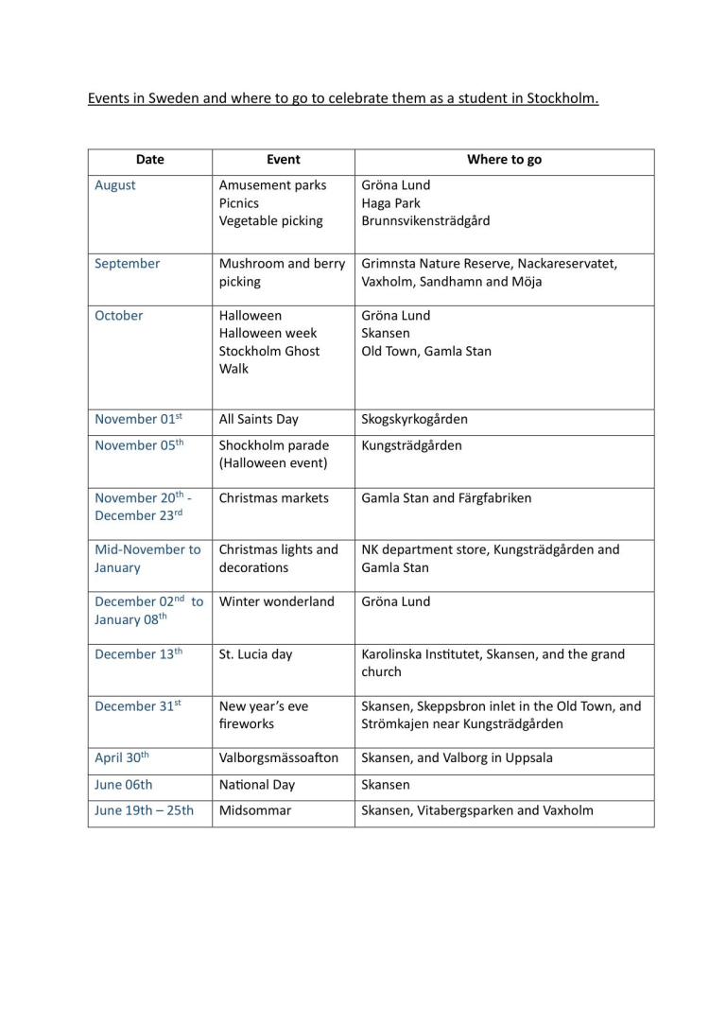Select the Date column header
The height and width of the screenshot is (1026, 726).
[149, 160]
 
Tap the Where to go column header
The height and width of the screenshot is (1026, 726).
[504, 160]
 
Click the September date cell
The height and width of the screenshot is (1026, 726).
[128, 264]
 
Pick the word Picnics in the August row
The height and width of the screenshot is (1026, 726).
[239, 203]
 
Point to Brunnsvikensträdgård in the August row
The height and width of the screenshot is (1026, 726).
[425, 221]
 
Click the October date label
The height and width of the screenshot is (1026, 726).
[119, 316]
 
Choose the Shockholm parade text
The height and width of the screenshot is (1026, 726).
[274, 445]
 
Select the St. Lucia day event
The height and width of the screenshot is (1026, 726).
[255, 653]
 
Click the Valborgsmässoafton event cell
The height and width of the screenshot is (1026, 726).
[279, 757]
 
